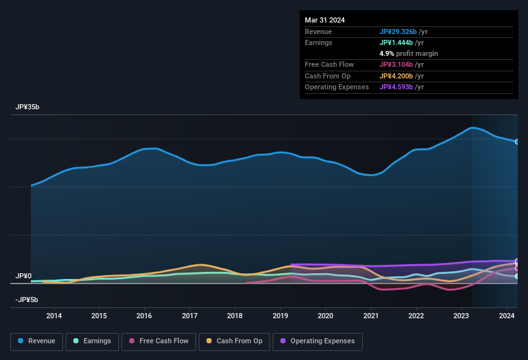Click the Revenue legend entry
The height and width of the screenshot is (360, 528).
click(37, 341)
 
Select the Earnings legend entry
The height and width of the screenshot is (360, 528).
click(93, 341)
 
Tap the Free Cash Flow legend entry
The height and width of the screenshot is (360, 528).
click(159, 341)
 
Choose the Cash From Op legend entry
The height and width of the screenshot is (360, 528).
click(234, 341)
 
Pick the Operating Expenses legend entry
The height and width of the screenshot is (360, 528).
click(317, 341)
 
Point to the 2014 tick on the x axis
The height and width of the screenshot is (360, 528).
click(54, 316)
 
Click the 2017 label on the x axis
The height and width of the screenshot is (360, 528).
click(190, 316)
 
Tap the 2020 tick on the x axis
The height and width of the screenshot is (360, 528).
click(325, 316)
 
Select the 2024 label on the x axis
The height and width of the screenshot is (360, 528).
click(507, 316)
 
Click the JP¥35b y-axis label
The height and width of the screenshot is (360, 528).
click(28, 107)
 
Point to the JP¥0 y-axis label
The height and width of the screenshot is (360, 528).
click(23, 276)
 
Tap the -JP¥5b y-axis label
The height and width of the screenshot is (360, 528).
click(28, 300)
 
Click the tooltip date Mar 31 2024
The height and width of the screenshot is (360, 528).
click(325, 20)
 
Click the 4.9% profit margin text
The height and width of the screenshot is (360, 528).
click(408, 53)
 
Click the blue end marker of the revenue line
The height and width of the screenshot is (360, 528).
click(516, 141)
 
